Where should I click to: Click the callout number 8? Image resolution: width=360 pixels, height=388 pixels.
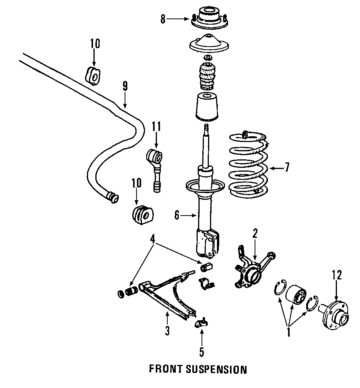(163, 18)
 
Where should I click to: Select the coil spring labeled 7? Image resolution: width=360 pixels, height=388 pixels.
(246, 166)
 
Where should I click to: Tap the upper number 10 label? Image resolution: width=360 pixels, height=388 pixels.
(95, 43)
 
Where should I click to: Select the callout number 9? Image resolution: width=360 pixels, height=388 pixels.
(125, 86)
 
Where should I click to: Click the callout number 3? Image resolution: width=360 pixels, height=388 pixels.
(167, 330)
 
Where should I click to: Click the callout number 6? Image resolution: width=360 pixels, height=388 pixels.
(177, 216)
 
